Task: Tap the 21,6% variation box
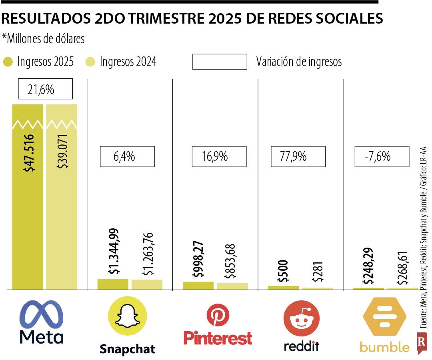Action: pyautogui.click(x=45, y=89)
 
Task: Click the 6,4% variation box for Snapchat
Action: pyautogui.click(x=127, y=156)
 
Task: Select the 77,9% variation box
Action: pyautogui.click(x=298, y=156)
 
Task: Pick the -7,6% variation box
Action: pyautogui.click(x=382, y=156)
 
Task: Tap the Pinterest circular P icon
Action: pyautogui.click(x=218, y=315)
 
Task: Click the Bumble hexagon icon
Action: pyautogui.click(x=384, y=316)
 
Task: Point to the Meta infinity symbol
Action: pyautogui.click(x=42, y=314)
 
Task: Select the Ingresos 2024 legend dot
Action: pyautogui.click(x=91, y=62)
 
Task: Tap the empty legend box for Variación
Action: pyautogui.click(x=220, y=62)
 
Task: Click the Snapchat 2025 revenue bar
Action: pyautogui.click(x=113, y=284)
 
